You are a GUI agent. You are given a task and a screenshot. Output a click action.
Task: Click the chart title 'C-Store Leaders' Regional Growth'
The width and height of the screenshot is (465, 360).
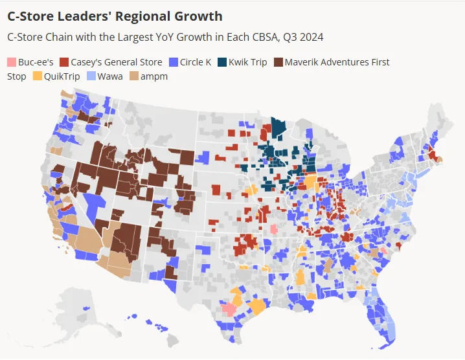[x=115, y=16]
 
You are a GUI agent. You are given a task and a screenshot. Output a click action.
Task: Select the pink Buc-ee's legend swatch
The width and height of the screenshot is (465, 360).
[x=11, y=63]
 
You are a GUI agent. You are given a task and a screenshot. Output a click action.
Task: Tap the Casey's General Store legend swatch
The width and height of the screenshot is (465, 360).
[x=64, y=63]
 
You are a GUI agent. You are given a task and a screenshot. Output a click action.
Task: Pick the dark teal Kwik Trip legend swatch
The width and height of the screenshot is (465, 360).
[x=221, y=63]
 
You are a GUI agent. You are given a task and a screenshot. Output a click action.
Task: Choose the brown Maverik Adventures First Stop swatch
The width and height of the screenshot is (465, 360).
[x=278, y=63]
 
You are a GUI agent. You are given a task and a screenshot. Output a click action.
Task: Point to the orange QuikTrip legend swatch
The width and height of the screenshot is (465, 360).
[x=37, y=76]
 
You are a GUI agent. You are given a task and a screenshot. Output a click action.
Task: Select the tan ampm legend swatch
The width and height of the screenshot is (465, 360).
[x=133, y=76]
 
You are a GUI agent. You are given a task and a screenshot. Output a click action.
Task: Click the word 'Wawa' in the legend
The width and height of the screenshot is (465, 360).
[x=109, y=76]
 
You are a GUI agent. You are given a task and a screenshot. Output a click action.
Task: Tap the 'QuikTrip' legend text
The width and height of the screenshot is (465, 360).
[x=62, y=76]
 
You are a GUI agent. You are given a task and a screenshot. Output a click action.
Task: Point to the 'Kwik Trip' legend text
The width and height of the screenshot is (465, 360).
[x=248, y=63]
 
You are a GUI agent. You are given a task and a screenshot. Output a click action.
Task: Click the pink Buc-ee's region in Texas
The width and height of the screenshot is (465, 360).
[x=229, y=308]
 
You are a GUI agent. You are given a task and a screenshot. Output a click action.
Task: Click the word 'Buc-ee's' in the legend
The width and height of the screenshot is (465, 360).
[x=36, y=63]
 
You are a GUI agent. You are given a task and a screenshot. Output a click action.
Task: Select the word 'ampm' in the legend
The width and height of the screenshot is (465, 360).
[x=155, y=76]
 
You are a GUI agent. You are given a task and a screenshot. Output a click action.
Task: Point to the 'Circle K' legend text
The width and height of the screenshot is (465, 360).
[x=196, y=63]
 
